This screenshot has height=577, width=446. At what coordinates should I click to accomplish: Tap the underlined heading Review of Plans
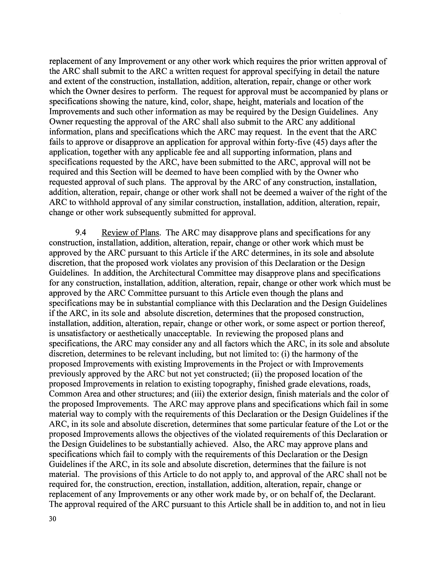tap(131, 233)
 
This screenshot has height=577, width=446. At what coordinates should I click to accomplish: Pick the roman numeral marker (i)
tap(285, 354)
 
